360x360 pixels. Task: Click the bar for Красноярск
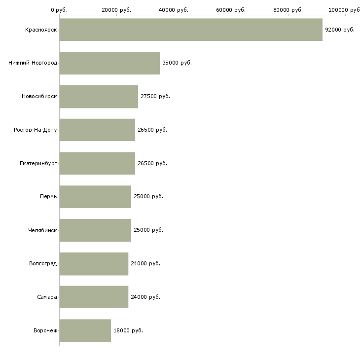[x=191, y=30]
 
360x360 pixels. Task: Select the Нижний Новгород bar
[x=110, y=63]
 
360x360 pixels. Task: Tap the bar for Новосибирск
[x=99, y=97]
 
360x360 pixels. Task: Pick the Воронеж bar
[x=85, y=330]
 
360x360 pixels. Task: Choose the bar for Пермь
[x=95, y=197]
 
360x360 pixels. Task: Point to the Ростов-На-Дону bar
[x=97, y=130]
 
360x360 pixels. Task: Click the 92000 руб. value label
[x=340, y=30]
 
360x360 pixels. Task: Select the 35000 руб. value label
[x=177, y=63]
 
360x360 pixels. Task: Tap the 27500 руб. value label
[x=155, y=96]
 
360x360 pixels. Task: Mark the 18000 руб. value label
[x=128, y=330]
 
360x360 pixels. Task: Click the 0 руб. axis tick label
[x=59, y=10]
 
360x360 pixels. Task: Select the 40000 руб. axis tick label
[x=174, y=10]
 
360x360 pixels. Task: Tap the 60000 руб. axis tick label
[x=231, y=10]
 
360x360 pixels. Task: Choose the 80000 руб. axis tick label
[x=288, y=10]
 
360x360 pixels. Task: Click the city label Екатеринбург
[x=38, y=163]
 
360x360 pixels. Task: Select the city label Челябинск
[x=42, y=230]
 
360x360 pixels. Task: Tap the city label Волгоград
[x=43, y=263]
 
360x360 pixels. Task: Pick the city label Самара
[x=47, y=297]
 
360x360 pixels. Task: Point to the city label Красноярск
[x=41, y=30]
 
